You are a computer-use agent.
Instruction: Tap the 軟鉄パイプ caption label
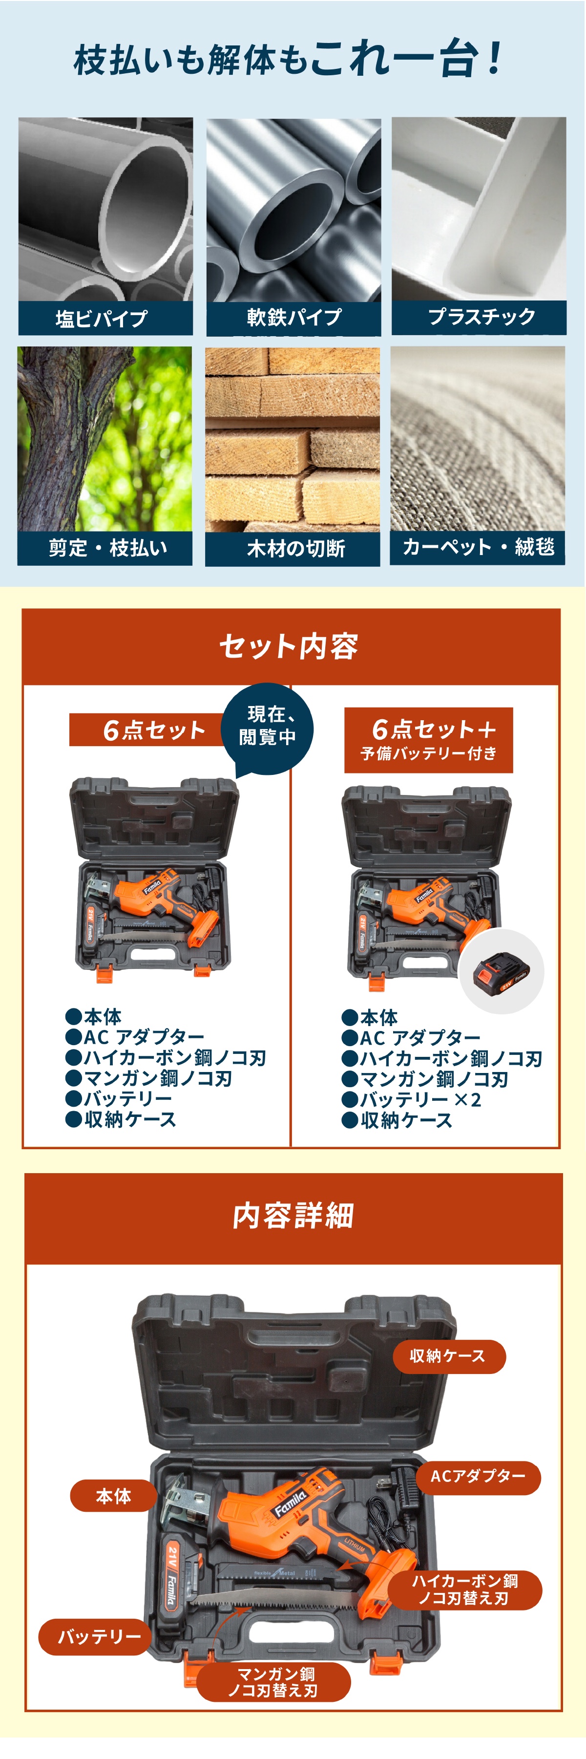coord(293,318)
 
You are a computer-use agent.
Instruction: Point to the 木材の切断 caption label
coord(293,548)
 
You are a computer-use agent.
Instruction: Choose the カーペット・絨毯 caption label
coord(478,547)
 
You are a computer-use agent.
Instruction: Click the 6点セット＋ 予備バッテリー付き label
coord(428,740)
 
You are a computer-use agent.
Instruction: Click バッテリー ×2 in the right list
coord(420,1099)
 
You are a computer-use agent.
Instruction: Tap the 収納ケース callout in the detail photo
coord(448,1356)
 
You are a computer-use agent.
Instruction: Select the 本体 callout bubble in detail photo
coord(113,1497)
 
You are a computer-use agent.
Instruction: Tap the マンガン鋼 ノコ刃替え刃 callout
coord(274,1682)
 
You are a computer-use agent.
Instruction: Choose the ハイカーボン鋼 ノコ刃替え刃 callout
coord(465,1589)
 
